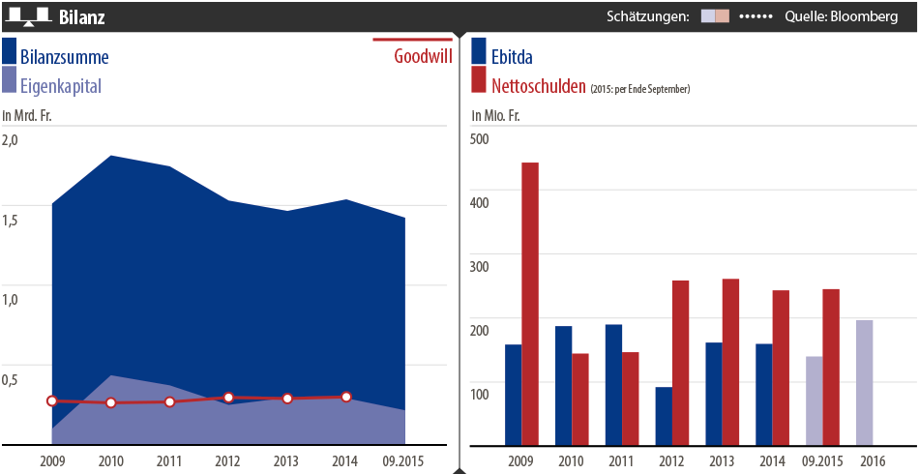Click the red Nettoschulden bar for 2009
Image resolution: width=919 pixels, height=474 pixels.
pyautogui.click(x=530, y=304)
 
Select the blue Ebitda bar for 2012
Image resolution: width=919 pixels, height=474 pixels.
pyautogui.click(x=664, y=416)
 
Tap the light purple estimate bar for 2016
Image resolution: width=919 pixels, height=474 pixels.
pyautogui.click(x=864, y=382)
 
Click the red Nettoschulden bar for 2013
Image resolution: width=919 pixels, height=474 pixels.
pyautogui.click(x=730, y=362)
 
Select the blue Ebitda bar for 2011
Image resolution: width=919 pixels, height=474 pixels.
pyautogui.click(x=613, y=384)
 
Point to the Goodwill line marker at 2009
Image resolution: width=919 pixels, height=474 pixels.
pyautogui.click(x=52, y=400)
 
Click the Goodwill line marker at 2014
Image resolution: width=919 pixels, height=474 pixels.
pyautogui.click(x=346, y=397)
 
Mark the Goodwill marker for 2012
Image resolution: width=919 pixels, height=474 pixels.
pyautogui.click(x=228, y=398)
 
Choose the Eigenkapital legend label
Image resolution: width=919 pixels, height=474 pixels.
pyautogui.click(x=61, y=86)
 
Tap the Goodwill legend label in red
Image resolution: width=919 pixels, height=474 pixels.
pyautogui.click(x=423, y=55)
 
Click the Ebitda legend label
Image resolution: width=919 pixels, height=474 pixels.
pyautogui.click(x=512, y=56)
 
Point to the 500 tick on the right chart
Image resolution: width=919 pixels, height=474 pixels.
pyautogui.click(x=480, y=138)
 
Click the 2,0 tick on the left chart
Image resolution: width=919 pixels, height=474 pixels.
pyautogui.click(x=10, y=139)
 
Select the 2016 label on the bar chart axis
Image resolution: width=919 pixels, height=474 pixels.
pyautogui.click(x=872, y=459)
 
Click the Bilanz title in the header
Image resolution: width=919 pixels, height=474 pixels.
pyautogui.click(x=82, y=17)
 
